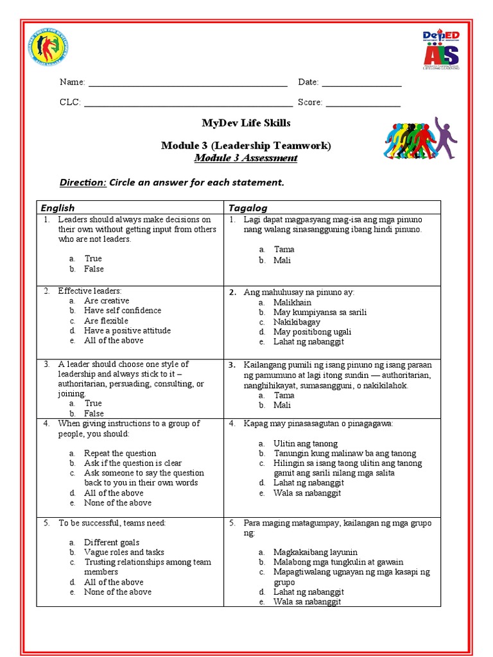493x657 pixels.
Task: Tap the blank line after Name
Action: point(187,83)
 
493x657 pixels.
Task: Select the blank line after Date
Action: point(361,83)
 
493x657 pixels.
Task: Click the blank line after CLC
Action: point(188,103)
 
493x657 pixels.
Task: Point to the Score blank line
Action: point(363,103)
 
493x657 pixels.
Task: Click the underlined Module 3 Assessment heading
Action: point(246,158)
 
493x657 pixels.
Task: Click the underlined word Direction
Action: point(83,182)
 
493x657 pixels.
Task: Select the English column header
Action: point(58,208)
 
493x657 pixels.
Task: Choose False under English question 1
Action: point(94,269)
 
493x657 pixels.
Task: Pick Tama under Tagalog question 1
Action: point(284,249)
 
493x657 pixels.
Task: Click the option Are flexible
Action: point(106,321)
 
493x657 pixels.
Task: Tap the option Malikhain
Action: point(292,302)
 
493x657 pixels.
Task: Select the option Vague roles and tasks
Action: point(124,552)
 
